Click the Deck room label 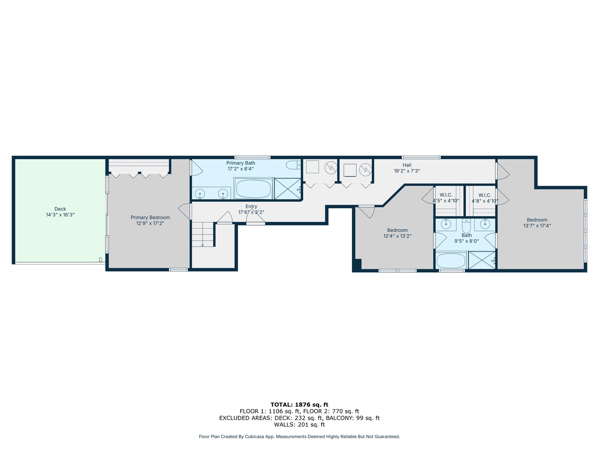60,209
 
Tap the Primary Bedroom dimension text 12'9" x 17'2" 150,223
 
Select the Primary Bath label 241,163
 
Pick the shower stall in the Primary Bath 287,189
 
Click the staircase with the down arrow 203,234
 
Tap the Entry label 251,206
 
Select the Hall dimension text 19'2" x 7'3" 406,171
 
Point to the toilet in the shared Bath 466,226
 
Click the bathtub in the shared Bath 451,261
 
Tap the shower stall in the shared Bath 482,260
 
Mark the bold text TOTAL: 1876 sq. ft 299,405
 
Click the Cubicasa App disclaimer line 299,437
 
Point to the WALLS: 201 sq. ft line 299,424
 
